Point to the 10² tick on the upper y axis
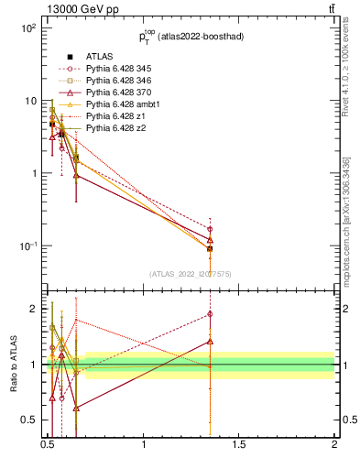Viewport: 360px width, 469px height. pos(28,28)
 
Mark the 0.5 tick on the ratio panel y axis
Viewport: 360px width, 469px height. pos(28,420)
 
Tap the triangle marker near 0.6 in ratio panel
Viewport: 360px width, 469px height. pos(76,408)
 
